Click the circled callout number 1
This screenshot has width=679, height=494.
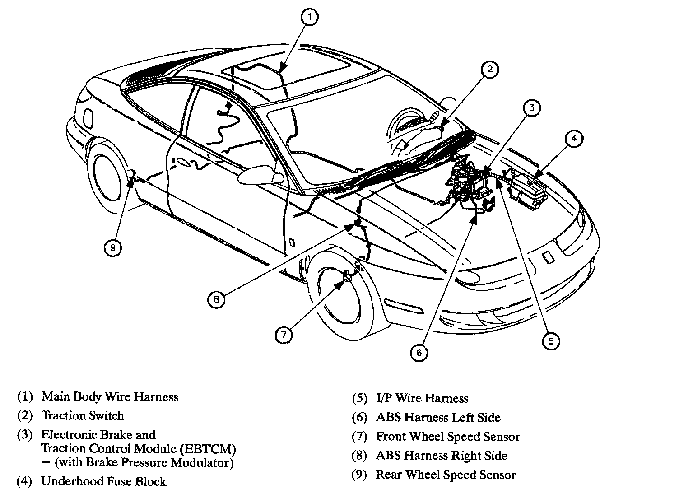click(310, 17)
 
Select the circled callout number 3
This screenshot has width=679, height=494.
click(532, 107)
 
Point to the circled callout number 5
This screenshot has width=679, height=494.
click(551, 341)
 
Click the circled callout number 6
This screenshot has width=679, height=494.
click(419, 352)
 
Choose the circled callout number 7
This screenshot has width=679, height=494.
click(284, 335)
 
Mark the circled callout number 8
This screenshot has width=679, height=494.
click(216, 299)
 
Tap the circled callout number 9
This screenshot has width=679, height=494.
click(113, 248)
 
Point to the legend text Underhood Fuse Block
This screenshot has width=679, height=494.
click(104, 481)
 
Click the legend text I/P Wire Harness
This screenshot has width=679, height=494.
click(422, 398)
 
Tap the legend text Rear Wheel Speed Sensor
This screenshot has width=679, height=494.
click(446, 475)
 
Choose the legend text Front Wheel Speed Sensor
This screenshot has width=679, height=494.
click(448, 437)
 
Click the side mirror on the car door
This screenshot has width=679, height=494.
click(260, 175)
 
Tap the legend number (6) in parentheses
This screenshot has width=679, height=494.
click(359, 418)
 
